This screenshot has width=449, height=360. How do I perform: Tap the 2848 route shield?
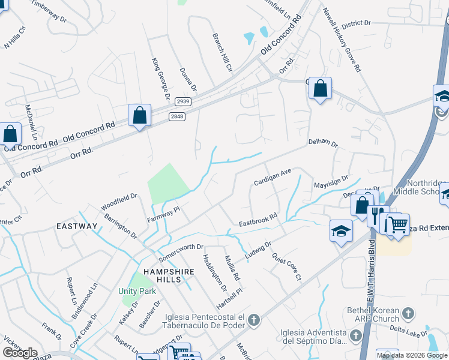pos(176,116)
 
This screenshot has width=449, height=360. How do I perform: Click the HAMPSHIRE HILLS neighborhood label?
pos(164,267)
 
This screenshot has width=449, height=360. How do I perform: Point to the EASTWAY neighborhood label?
pos(77,226)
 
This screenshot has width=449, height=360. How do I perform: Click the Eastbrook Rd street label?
pos(258,220)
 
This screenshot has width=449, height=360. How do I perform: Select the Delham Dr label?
pos(324,144)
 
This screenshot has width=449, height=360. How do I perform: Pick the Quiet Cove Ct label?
pos(286,266)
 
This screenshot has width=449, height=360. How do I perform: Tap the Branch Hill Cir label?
pos(221,53)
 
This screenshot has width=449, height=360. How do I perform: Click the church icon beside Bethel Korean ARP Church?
pos(408,313)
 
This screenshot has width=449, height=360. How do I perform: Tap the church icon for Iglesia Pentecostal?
pos(254,320)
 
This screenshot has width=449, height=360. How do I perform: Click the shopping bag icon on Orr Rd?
pos(139,115)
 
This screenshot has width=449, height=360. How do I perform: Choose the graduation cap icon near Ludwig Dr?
pos(340,230)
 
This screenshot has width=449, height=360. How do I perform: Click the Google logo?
pos(20,353)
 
